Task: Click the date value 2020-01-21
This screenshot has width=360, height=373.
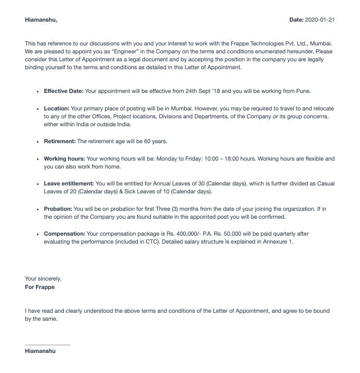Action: (320, 20)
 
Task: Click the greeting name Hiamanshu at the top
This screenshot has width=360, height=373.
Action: (40, 20)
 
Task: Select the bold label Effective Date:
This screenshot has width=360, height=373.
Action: (63, 91)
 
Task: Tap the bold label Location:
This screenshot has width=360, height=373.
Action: (56, 108)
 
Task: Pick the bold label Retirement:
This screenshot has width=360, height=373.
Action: (60, 142)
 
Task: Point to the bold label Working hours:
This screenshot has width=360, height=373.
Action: (64, 158)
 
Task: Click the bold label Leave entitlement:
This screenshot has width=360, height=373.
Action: (69, 184)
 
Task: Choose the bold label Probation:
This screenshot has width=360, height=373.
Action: (58, 209)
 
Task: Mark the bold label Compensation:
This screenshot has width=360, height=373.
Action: (64, 234)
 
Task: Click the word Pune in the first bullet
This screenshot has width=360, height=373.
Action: (303, 91)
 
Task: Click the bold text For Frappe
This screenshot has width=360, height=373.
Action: (40, 287)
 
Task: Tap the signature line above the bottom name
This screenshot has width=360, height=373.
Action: (48, 345)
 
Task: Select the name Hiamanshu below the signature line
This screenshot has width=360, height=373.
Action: (40, 351)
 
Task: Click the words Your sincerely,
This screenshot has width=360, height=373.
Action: (43, 278)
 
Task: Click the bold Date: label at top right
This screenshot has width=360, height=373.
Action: (296, 20)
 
